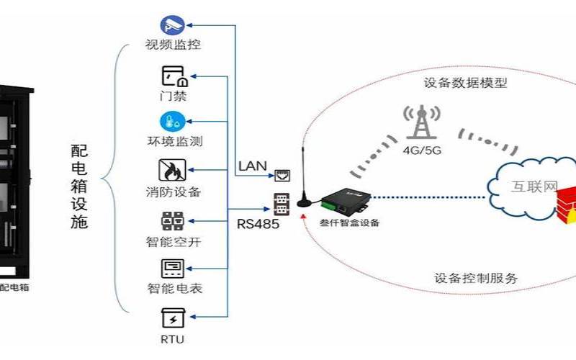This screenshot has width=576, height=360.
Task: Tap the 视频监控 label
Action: [173, 45]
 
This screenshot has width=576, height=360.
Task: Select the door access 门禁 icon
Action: [173, 76]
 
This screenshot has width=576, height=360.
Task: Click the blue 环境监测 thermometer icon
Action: [173, 121]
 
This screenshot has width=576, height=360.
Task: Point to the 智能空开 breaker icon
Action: [173, 220]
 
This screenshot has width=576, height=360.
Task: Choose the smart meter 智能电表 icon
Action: [173, 269]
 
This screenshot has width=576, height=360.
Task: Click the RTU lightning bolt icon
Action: [173, 317]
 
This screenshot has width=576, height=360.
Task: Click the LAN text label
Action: [252, 166]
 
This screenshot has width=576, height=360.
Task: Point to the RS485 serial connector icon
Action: [281, 202]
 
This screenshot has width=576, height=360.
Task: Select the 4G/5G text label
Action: [423, 151]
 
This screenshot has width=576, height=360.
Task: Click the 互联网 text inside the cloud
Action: [534, 187]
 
